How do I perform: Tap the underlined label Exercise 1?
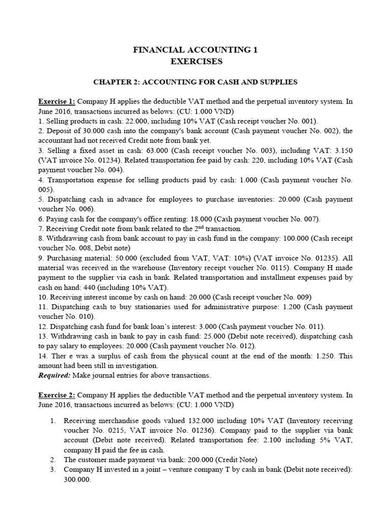click(57, 101)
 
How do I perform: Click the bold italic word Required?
click(55, 375)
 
